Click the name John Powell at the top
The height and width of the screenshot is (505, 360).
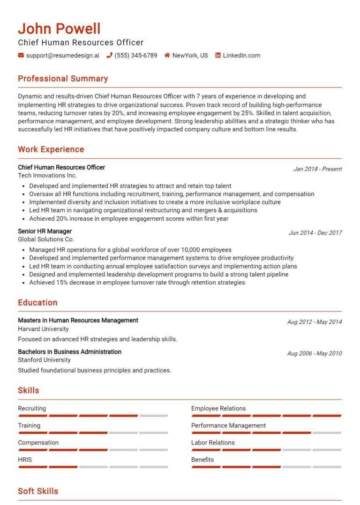(x=59, y=29)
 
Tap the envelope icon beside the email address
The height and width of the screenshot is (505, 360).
(x=21, y=55)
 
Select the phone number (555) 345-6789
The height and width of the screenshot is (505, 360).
(x=135, y=55)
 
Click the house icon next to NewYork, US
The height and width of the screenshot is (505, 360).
(x=167, y=55)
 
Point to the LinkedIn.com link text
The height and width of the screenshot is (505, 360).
(x=241, y=55)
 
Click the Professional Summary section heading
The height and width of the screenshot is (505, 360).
(x=63, y=79)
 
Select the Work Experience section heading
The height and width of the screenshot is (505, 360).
(x=51, y=149)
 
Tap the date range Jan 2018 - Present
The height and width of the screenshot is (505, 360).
(x=317, y=169)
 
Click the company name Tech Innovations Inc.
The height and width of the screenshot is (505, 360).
(x=47, y=176)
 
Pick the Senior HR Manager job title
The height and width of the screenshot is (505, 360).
(x=45, y=231)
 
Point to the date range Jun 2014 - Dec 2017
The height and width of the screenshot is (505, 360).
(x=315, y=233)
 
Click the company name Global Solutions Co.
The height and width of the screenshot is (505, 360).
(x=46, y=239)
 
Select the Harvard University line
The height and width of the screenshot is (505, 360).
(x=43, y=329)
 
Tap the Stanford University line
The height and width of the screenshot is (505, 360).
(x=45, y=360)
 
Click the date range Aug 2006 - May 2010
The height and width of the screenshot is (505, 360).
(x=315, y=354)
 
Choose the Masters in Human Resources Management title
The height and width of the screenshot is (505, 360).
(x=78, y=320)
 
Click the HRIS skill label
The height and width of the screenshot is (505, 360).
(x=25, y=460)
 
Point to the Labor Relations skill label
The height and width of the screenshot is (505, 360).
(x=213, y=443)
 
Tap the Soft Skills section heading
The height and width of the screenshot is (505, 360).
(x=38, y=491)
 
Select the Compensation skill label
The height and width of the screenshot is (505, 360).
(x=38, y=443)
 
